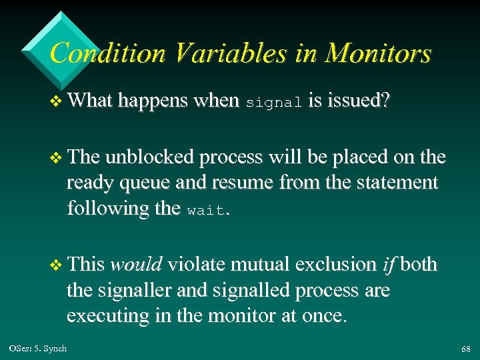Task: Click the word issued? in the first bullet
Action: tap(353, 101)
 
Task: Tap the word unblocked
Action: tap(151, 157)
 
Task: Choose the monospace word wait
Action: tap(207, 210)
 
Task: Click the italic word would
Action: tap(136, 265)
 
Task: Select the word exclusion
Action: tap(335, 265)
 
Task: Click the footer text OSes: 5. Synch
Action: tap(38, 349)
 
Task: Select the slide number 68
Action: tap(465, 349)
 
